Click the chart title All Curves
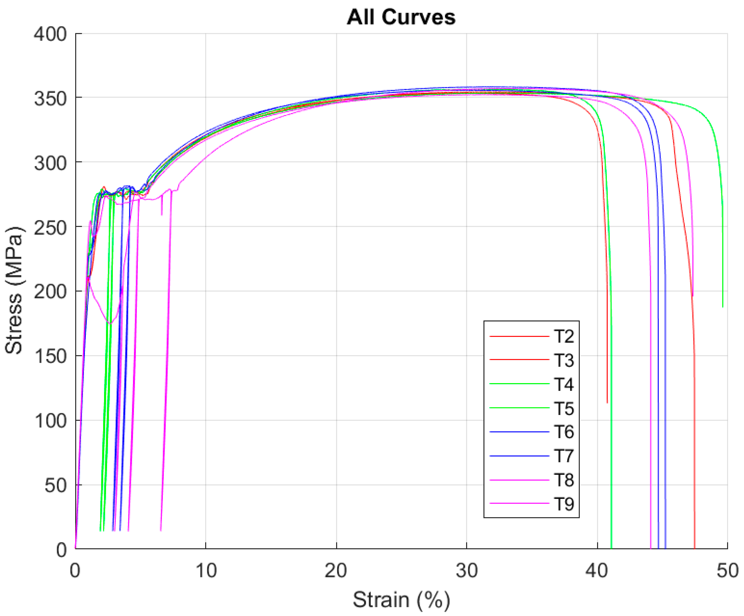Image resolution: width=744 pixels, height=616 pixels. point(401,17)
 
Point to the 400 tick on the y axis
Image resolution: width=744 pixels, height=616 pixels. point(50,34)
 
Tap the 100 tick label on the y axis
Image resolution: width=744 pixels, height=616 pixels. point(50,421)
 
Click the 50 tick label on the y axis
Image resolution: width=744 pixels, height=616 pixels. point(55,486)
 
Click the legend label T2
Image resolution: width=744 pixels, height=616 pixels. point(564,336)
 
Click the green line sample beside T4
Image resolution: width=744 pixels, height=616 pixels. point(519,384)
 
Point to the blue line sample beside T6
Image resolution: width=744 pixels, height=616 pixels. point(519,432)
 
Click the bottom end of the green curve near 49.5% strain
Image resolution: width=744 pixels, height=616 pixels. point(723,307)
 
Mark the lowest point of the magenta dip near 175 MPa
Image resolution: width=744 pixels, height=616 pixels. point(110,323)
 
